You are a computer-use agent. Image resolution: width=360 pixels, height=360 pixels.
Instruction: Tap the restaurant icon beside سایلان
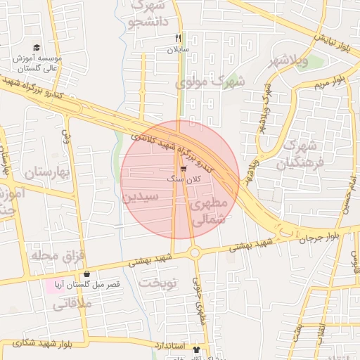179,39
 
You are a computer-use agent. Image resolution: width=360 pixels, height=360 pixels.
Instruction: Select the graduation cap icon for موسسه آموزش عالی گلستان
36,46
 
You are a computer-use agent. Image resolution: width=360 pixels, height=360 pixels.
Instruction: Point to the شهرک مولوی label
210,82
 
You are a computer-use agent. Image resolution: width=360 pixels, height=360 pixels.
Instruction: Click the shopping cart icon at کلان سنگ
184,169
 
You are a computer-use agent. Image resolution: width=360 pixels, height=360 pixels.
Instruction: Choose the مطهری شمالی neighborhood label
209,211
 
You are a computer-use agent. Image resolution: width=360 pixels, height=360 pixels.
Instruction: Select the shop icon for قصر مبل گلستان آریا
86,274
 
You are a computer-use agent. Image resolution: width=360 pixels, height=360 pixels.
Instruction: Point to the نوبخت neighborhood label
160,282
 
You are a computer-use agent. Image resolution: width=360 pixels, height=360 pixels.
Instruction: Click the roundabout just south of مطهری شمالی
195,252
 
